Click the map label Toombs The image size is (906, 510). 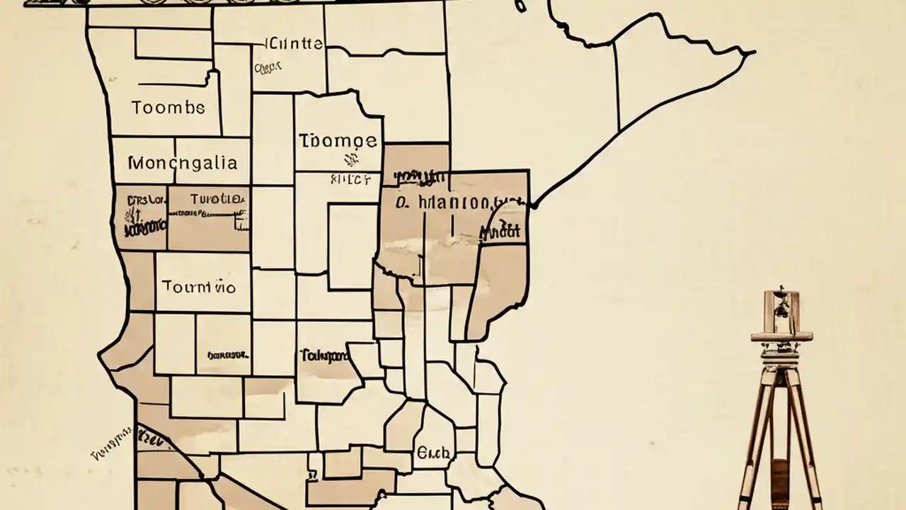pos(168,108)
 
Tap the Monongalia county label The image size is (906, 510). pos(183,163)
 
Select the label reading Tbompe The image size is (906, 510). pos(338,140)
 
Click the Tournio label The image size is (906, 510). pos(198,287)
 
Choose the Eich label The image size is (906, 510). pos(432,453)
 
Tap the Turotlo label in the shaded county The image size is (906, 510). pos(209,199)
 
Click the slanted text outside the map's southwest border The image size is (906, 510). pos(112,443)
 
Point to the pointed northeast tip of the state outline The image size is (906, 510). pos(753,52)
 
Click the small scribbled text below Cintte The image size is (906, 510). pos(268,67)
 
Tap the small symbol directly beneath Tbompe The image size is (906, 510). pos(347,160)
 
